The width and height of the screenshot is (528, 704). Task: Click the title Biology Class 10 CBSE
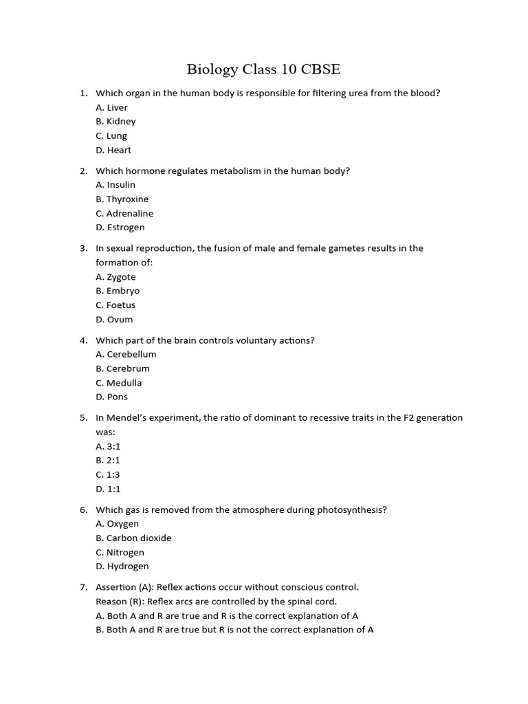point(263,69)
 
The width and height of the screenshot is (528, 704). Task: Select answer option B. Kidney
point(115,122)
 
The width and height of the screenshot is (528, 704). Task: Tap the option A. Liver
point(111,107)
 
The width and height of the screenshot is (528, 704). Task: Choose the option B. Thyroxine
point(122,199)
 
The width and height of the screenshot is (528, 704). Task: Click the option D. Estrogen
point(120,228)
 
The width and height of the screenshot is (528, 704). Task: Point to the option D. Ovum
point(114,320)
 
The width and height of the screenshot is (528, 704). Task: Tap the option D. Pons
point(111,397)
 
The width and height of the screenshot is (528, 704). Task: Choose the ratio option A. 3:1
point(108,446)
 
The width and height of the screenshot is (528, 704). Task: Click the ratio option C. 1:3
point(108,474)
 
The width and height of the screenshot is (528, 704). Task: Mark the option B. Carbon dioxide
point(133,538)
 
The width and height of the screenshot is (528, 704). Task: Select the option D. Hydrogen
point(122,566)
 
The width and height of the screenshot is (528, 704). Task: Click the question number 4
point(83,340)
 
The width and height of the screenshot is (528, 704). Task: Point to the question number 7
point(83,587)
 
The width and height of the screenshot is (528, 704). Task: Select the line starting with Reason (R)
point(216,602)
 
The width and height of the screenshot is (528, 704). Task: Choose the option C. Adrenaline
point(124,214)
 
